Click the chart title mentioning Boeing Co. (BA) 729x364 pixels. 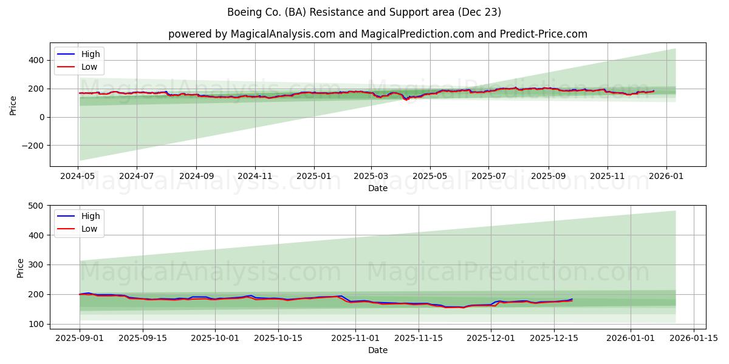[364, 12]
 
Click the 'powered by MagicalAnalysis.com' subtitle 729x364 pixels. [377, 34]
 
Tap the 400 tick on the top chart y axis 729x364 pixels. [36, 60]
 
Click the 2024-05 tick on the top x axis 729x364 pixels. [78, 175]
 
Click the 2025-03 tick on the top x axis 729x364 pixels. [372, 175]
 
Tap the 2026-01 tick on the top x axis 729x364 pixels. [666, 175]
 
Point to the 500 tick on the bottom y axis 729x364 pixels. [36, 206]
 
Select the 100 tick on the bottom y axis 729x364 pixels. [36, 324]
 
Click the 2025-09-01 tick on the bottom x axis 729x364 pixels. [80, 339]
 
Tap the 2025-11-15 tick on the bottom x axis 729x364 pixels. [418, 339]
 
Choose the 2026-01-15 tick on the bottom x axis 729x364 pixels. [694, 339]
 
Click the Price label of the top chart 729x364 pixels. [13, 104]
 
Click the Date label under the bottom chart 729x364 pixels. [377, 350]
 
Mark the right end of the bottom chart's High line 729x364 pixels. [572, 299]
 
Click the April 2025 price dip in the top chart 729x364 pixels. [406, 99]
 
